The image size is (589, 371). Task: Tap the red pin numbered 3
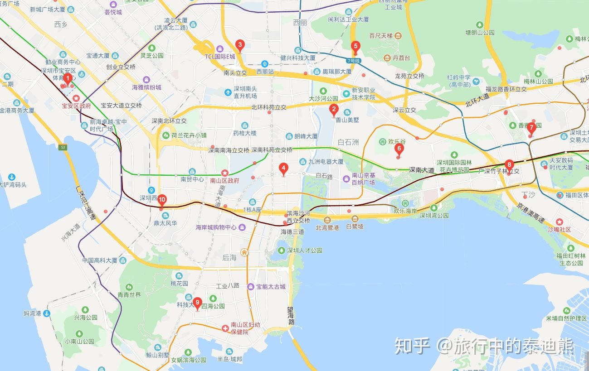click(240, 45)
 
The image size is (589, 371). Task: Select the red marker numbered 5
click(355, 46)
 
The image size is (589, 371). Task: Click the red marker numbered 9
click(197, 303)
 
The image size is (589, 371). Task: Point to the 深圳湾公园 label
click(434, 216)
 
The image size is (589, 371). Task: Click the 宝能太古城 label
click(271, 287)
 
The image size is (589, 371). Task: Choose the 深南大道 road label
click(421, 170)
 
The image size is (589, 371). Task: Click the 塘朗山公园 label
click(480, 33)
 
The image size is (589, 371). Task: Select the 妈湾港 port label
click(33, 313)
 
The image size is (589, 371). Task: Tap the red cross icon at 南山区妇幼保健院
click(225, 328)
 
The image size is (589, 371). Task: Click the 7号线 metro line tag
click(353, 61)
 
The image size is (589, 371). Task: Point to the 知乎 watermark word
click(412, 346)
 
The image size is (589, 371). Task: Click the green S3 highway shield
click(63, 147)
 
